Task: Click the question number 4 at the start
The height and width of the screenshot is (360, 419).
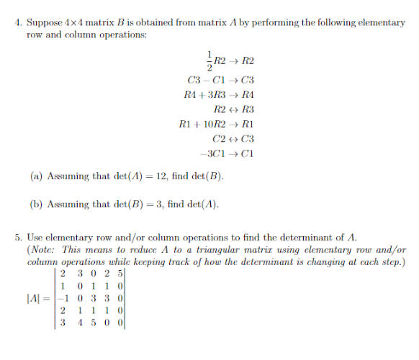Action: (x=18, y=22)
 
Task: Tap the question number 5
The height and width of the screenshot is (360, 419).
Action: (x=18, y=236)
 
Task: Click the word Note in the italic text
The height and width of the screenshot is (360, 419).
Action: (x=40, y=250)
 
